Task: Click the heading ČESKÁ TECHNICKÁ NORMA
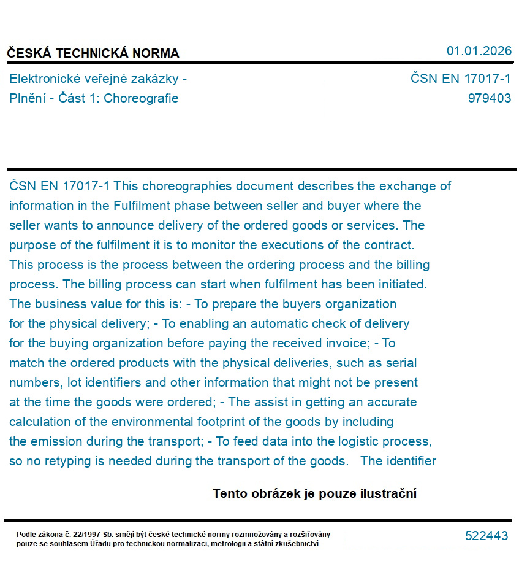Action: pos(93,53)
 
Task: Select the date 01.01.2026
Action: pos(479,51)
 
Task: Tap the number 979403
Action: pos(489,98)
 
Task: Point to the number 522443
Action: pos(486,536)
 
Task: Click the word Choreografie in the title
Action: pos(141,98)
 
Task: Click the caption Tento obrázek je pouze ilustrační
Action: pos(314,493)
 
